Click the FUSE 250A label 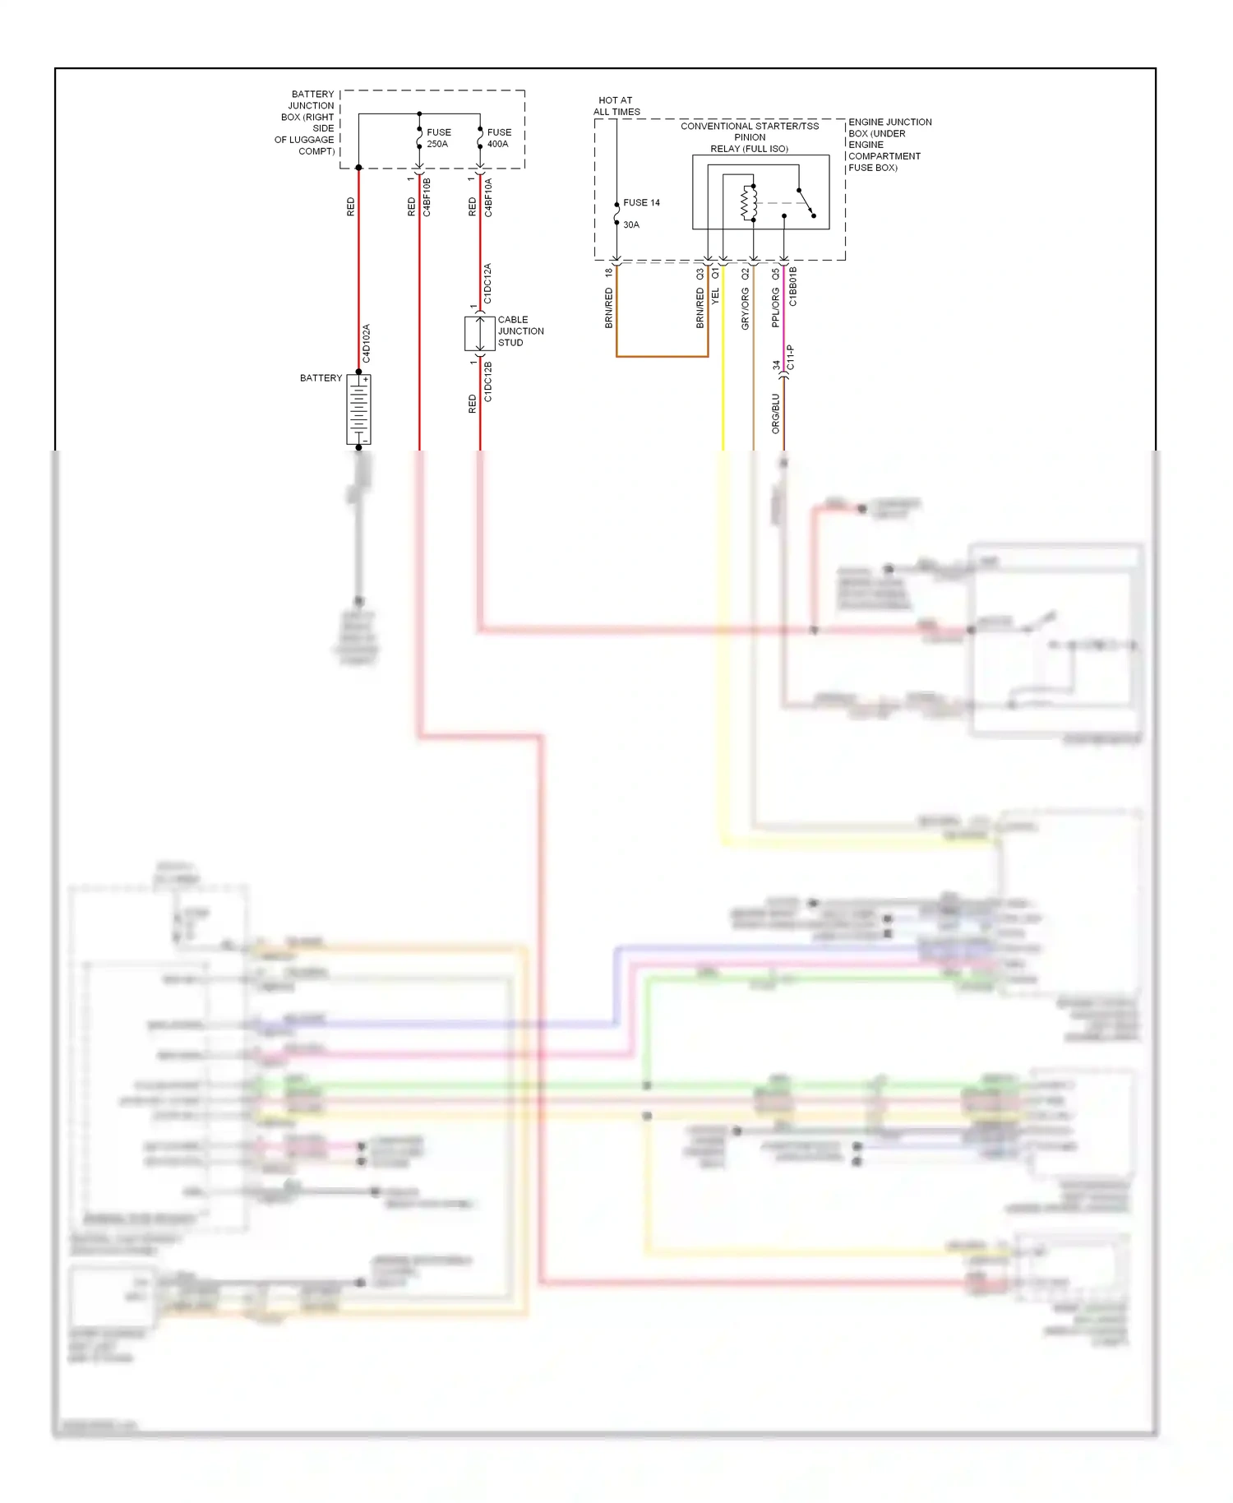(438, 138)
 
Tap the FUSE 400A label (498, 138)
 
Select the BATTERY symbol (359, 409)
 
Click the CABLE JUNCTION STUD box (479, 332)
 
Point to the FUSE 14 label (641, 202)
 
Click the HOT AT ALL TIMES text (616, 106)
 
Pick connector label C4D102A (367, 344)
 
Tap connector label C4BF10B (427, 197)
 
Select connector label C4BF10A (488, 197)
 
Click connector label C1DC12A (487, 284)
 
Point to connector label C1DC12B (487, 382)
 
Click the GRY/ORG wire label (746, 308)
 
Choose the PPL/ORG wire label (775, 308)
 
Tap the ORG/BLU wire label (775, 414)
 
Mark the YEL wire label (715, 296)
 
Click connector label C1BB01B (793, 286)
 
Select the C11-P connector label (791, 357)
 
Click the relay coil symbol (748, 203)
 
